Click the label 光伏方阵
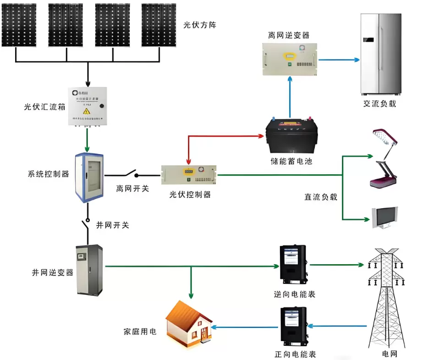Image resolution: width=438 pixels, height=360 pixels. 199,25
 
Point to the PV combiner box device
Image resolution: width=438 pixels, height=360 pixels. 87,106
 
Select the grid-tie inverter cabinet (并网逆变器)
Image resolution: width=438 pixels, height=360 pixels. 89,270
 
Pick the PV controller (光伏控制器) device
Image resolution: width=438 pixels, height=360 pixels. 189,174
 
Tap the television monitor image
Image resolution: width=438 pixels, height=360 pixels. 384,217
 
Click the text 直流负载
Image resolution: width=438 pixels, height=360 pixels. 321,197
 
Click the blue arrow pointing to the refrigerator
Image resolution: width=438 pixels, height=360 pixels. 339,60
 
